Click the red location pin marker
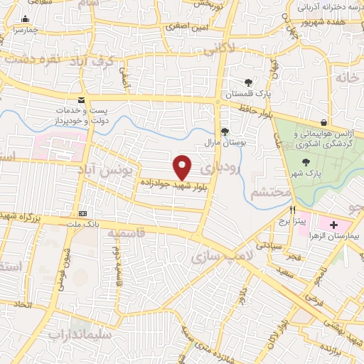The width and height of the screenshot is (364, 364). point(183,167)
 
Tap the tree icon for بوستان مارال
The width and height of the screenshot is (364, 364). point(225,132)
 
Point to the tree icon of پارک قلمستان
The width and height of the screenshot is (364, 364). point(248,82)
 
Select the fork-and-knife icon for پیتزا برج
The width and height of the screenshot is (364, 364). point(292,210)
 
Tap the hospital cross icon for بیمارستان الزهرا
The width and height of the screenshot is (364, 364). point(333,225)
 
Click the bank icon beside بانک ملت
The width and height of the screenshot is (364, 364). point(83,213)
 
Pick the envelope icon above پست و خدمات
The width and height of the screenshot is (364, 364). point(81,100)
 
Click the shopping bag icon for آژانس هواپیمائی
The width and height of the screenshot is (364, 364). point(324,122)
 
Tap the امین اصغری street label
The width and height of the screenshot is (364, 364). point(186,27)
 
